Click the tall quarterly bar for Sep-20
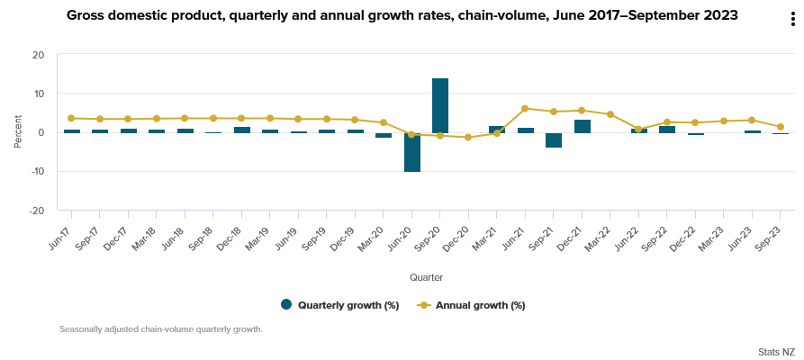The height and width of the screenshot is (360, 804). coord(440,105)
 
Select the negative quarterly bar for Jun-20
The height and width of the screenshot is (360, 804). coord(411,152)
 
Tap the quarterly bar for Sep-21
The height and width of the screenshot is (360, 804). coord(554,139)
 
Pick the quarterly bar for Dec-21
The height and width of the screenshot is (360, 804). coord(582,126)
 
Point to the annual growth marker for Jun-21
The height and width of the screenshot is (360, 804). coord(525,108)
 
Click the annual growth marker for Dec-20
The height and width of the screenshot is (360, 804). coord(468,138)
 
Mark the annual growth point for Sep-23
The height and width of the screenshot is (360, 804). coord(781,127)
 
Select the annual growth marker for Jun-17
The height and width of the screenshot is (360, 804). coord(71,118)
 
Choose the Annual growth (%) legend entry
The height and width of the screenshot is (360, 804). coord(471,305)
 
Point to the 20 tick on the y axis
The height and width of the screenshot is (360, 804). coord(38,55)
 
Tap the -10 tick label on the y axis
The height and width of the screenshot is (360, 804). coord(36,171)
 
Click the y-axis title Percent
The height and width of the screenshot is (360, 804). coord(18,132)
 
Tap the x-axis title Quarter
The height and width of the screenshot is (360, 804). coord(426,276)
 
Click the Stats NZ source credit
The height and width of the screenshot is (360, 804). coord(776,351)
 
